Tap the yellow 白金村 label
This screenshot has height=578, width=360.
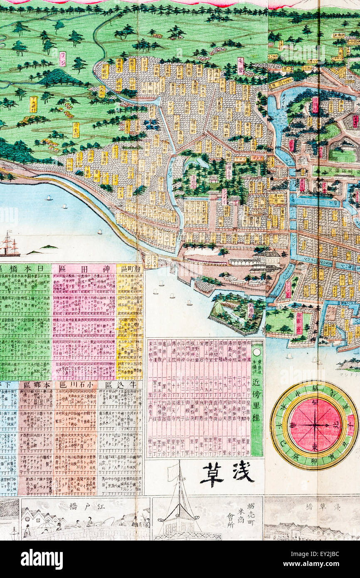click(x=76, y=129)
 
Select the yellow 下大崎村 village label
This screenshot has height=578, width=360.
click(x=33, y=104)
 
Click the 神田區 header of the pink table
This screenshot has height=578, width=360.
click(x=84, y=269)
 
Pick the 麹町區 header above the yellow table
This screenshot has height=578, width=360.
click(x=129, y=269)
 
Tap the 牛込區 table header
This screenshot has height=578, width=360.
click(x=120, y=385)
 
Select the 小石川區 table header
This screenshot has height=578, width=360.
click(x=76, y=385)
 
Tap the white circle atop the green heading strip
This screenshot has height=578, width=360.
click(x=257, y=352)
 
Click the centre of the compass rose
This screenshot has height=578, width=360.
click(x=315, y=425)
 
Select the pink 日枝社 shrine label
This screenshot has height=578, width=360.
click(x=315, y=105)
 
